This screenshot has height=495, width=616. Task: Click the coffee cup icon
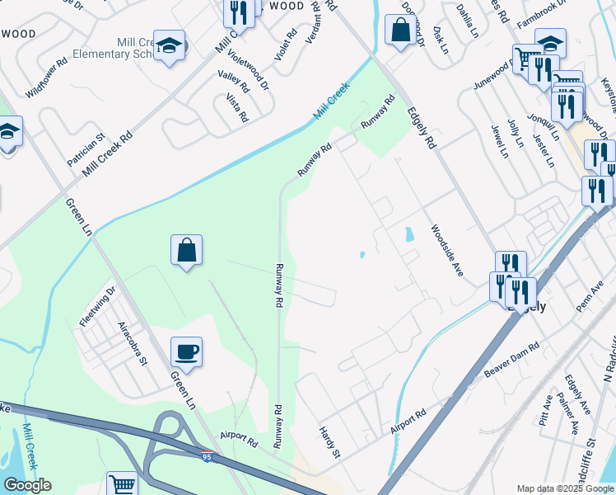187,351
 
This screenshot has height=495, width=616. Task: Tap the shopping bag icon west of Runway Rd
187,250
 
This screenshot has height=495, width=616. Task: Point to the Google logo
27,485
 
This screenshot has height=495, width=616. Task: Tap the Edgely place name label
527,305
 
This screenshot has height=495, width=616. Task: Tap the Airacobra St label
132,343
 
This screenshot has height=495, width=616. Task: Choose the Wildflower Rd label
46,79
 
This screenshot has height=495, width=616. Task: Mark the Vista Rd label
237,107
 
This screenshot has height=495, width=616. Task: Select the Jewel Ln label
499,141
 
